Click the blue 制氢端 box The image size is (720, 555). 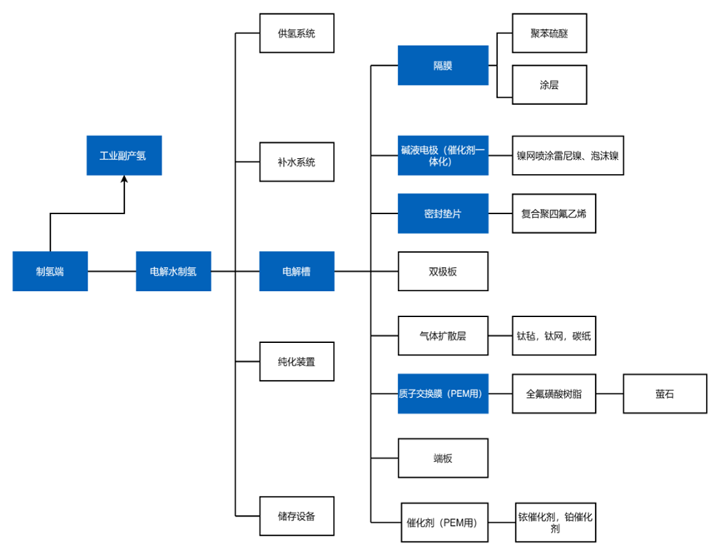(x=50, y=271)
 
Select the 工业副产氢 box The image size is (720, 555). (x=124, y=155)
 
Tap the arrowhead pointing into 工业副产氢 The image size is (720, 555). (x=124, y=179)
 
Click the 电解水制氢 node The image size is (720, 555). (x=174, y=271)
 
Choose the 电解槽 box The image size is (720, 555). (x=296, y=271)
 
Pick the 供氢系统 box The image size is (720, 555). (x=296, y=33)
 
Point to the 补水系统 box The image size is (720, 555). (x=296, y=162)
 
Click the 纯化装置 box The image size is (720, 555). (x=296, y=362)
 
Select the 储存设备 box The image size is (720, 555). (x=296, y=516)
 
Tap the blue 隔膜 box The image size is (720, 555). (x=443, y=65)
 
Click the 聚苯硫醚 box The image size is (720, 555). (x=549, y=33)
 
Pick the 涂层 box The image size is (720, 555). (x=549, y=85)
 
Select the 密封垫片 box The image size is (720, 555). (x=443, y=214)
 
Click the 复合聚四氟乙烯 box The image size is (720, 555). (x=554, y=214)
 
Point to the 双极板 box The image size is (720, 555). (x=443, y=271)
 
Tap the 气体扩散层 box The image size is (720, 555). (x=443, y=335)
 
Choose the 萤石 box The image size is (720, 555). (x=665, y=394)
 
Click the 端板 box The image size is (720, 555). (x=443, y=458)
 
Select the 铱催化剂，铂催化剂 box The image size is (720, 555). (x=556, y=523)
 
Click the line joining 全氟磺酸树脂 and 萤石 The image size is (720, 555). (x=609, y=394)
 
